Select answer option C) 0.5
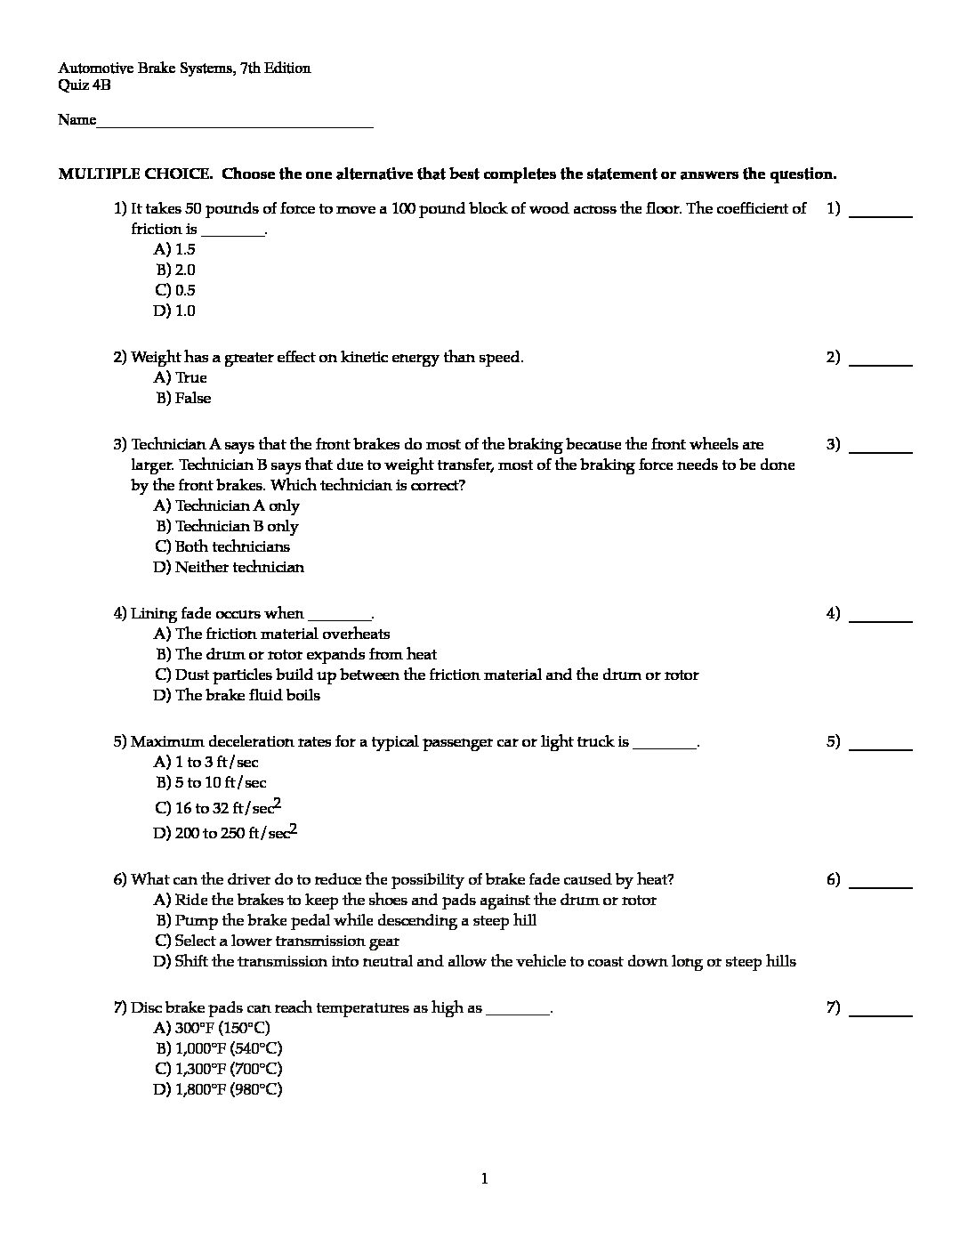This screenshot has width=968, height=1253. point(174,290)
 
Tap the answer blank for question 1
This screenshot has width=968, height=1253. point(881,215)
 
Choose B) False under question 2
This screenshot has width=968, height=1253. point(184,399)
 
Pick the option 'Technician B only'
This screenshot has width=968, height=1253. point(228,526)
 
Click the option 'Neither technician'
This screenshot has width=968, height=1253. point(229,567)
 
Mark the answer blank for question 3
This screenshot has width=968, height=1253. point(881,451)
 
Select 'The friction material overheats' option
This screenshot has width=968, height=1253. point(271,634)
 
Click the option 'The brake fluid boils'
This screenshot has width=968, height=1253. point(237,695)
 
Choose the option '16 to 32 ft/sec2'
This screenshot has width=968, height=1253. point(218,808)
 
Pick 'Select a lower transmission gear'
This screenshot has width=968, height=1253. point(277,941)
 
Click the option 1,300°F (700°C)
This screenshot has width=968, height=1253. point(219,1069)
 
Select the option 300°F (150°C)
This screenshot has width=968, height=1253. point(212,1028)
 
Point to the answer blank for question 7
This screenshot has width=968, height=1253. point(881,1015)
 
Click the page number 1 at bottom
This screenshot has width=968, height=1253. point(484,1180)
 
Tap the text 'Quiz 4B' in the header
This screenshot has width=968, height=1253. point(85,85)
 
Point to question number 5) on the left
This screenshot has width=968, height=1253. point(120,741)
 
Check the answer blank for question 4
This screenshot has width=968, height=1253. point(881,620)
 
